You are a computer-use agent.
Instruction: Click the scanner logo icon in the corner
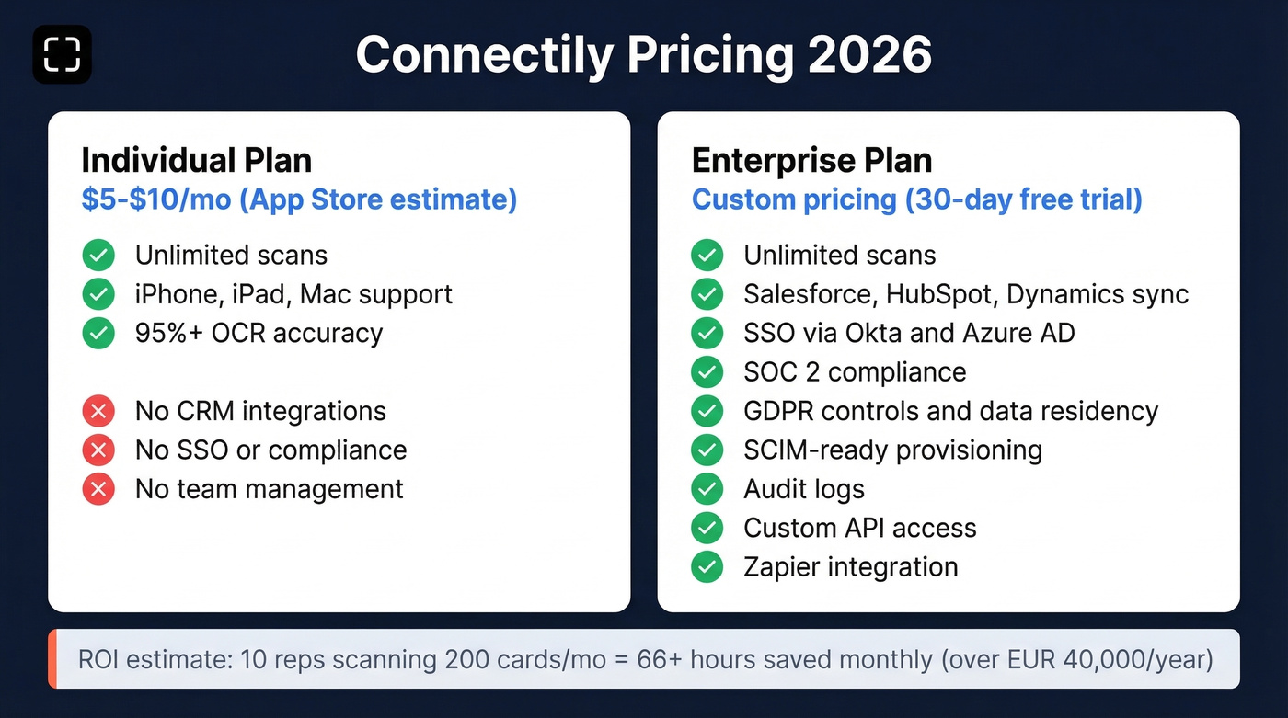[x=62, y=54]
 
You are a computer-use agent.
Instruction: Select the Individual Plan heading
[x=196, y=160]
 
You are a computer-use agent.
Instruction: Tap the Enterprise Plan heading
[x=811, y=160]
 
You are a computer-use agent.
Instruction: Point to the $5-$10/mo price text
[x=156, y=199]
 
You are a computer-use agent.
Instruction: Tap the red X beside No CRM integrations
[x=98, y=411]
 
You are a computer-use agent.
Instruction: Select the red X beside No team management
[x=98, y=489]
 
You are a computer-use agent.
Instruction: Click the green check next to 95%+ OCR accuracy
[x=98, y=333]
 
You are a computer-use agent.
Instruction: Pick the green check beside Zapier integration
[x=707, y=567]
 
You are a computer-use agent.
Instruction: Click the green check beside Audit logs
[x=707, y=489]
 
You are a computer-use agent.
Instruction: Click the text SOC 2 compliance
[x=855, y=372]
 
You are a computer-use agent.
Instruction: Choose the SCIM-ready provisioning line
[x=892, y=450]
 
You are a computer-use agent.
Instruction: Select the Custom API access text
[x=859, y=529]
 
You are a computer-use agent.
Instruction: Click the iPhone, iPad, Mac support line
[x=293, y=294]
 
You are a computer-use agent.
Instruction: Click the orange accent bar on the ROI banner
[x=52, y=659]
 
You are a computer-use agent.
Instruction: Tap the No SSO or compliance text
[x=270, y=450]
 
